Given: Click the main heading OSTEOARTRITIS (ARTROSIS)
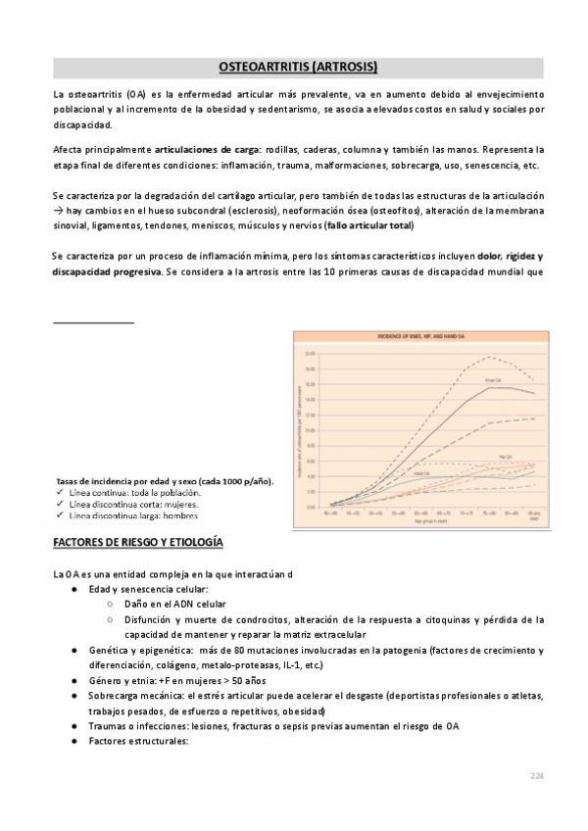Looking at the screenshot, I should [295, 67].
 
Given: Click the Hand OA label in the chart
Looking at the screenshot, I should [421, 472].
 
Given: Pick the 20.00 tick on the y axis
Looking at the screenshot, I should [310, 353].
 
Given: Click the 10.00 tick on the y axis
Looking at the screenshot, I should [310, 429].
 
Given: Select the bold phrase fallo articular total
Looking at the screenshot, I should [376, 226].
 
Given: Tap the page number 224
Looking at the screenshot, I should [536, 775].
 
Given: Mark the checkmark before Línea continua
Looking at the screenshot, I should [61, 493].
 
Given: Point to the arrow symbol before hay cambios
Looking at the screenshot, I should [58, 212].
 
